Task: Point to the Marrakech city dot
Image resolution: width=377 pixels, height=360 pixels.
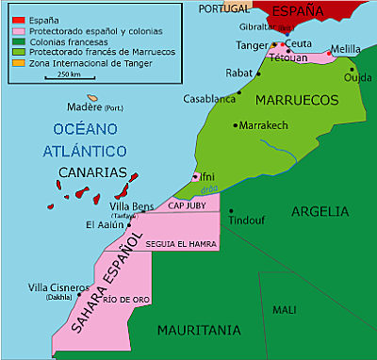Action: pos(236,124)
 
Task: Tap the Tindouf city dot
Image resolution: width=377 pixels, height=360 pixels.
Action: pos(230,210)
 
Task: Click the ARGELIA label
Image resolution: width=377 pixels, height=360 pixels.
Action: pos(320,211)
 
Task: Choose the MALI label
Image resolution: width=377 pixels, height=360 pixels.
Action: pos(284,309)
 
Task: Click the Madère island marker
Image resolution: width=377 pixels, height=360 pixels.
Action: pos(92,98)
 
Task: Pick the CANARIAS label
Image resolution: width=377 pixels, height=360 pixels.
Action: pos(92,172)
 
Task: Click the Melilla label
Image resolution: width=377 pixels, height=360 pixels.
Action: pos(347,48)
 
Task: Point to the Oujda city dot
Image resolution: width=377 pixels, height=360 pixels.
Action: pos(352,68)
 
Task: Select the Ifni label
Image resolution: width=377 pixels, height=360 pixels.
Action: pos(207,176)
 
